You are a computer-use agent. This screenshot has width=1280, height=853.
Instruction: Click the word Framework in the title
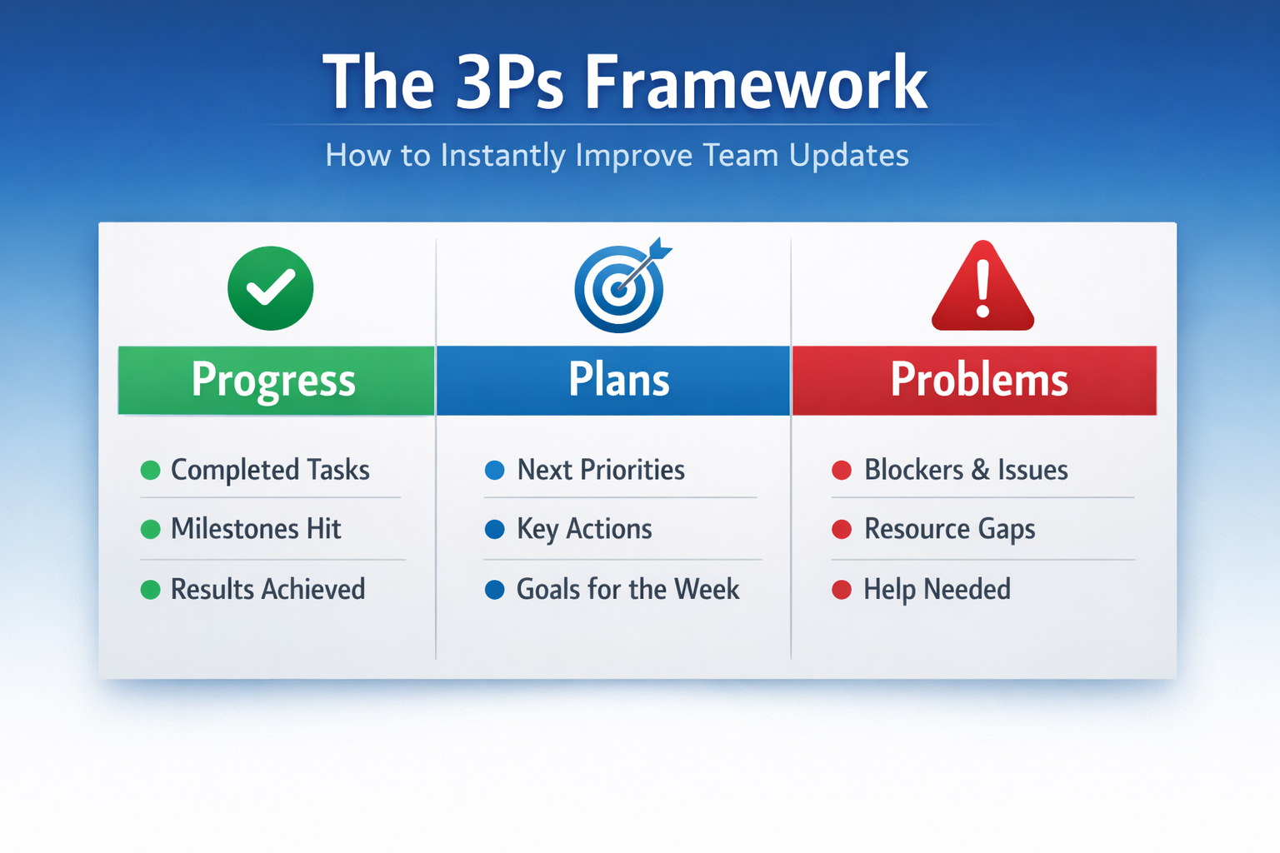[x=755, y=83]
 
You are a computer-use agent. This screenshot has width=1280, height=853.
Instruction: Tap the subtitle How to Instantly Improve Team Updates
[x=617, y=156]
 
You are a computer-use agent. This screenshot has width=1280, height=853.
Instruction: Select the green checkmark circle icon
[x=271, y=288]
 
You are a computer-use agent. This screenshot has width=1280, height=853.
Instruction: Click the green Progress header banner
[x=275, y=381]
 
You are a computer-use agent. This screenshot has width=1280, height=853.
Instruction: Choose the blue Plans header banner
[x=613, y=381]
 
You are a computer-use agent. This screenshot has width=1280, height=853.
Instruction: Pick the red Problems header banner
[x=974, y=381]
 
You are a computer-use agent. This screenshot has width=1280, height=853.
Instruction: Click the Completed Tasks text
[x=270, y=471]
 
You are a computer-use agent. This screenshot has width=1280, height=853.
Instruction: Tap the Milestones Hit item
[x=256, y=529]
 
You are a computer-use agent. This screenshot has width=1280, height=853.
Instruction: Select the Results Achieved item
[x=267, y=590]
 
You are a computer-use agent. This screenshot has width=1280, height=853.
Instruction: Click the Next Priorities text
[x=601, y=471]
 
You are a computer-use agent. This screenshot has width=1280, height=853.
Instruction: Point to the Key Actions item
[x=584, y=529]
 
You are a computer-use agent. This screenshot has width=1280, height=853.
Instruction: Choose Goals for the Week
[x=627, y=590]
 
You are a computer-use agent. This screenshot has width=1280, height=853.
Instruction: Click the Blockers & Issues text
[x=966, y=471]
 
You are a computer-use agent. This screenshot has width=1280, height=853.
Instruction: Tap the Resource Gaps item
[x=949, y=529]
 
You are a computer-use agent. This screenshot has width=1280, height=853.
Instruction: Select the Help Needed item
[x=937, y=590]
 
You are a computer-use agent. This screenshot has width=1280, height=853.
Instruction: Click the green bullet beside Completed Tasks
[x=151, y=471]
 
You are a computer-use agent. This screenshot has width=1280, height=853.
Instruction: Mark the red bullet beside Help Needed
[x=842, y=591]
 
